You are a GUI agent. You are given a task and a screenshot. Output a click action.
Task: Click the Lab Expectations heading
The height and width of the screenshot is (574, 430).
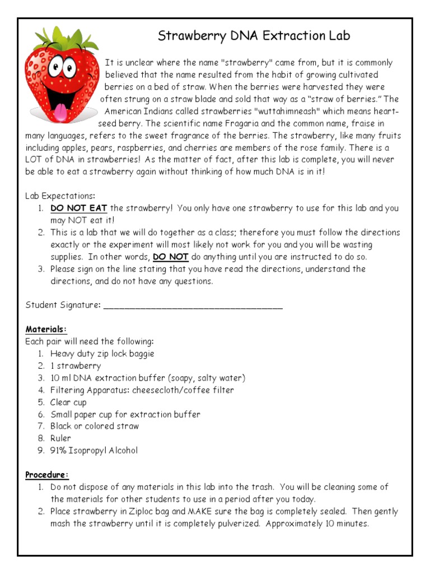pos(60,196)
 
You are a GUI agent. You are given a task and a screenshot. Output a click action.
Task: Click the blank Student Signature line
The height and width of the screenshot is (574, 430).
pos(193,305)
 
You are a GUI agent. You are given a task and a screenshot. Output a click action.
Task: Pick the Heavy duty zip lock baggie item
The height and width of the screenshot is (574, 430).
pos(102,354)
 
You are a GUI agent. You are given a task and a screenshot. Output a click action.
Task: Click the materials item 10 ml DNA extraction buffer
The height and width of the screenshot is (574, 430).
pos(148,378)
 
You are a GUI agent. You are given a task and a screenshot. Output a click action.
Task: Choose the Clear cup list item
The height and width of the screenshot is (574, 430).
pos(68,402)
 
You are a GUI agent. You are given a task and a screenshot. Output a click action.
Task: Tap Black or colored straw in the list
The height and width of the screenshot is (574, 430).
pos(95,427)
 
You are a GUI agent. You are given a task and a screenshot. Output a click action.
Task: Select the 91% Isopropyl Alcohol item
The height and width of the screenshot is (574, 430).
pos(94,451)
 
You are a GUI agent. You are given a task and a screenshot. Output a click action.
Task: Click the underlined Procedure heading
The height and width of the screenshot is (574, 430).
pos(47,475)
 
